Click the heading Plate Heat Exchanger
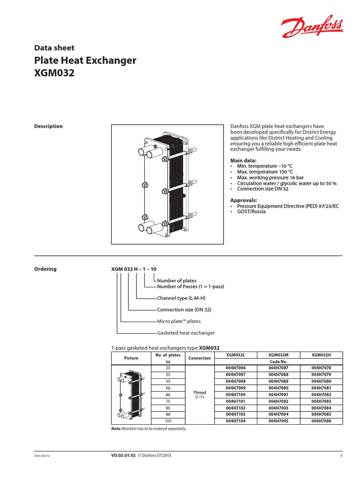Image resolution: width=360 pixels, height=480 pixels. click(85, 60)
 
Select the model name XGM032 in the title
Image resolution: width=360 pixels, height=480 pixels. click(55, 74)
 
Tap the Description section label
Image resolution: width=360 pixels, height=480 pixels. click(48, 126)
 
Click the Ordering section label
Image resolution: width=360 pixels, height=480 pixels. click(45, 269)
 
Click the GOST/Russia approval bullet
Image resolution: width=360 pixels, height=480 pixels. click(251, 211)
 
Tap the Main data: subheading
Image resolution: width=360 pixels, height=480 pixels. click(243, 160)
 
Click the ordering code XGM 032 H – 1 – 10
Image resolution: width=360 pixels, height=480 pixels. click(134, 269)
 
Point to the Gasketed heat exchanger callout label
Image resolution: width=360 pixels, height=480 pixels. click(186, 333)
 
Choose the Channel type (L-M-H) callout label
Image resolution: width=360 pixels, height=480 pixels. click(181, 298)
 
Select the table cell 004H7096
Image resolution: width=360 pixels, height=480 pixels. click(235, 368)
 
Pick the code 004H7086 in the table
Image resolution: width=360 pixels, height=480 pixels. click(321, 421)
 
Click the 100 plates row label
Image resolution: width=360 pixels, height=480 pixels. click(168, 421)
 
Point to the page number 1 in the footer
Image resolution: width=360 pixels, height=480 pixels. click(341, 456)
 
